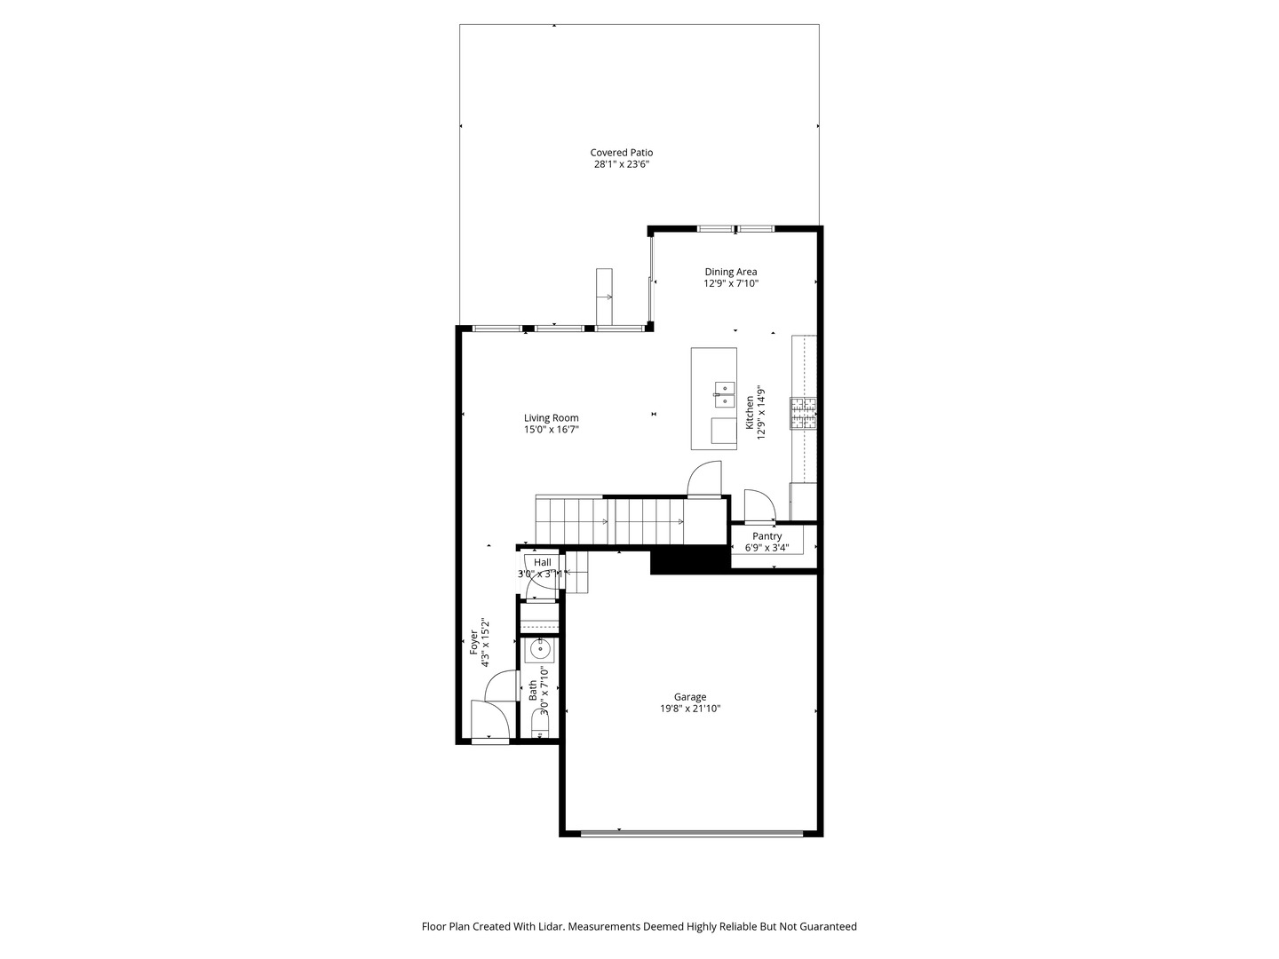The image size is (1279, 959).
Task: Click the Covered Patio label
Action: click(x=621, y=153)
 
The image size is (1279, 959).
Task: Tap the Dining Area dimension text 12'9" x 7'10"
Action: click(x=731, y=284)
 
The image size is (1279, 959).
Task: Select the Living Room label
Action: click(x=551, y=418)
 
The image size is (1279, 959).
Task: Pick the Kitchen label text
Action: click(x=750, y=413)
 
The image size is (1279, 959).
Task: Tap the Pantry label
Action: click(x=767, y=536)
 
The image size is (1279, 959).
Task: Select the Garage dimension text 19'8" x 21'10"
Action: click(x=689, y=709)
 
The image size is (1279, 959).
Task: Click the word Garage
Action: click(x=689, y=697)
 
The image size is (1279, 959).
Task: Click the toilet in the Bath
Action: click(x=540, y=731)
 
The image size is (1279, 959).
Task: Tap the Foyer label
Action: click(x=474, y=643)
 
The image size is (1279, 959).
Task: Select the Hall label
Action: click(x=542, y=562)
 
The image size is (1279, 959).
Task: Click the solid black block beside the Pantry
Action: click(x=689, y=560)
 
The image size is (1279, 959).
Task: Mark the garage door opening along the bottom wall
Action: click(x=692, y=833)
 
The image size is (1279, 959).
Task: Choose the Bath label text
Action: click(x=533, y=691)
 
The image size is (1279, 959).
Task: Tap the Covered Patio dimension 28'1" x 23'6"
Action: click(x=621, y=164)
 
